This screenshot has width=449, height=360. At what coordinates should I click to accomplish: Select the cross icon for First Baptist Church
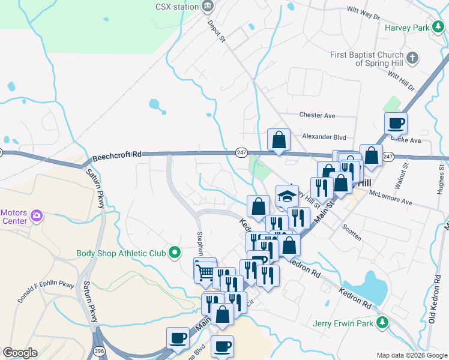[x=412, y=58]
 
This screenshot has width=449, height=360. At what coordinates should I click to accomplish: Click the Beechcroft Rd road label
[x=116, y=155]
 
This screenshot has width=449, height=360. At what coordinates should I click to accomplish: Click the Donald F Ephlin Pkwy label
[x=45, y=290]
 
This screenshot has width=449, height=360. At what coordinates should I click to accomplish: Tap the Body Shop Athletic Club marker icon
[x=175, y=253]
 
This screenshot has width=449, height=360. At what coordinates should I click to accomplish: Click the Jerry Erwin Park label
[x=343, y=323]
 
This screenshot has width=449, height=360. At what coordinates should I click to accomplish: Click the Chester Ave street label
[x=316, y=115]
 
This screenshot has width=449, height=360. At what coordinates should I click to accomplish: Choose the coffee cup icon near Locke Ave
[x=396, y=124]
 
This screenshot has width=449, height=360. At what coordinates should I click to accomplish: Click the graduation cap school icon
[x=287, y=195]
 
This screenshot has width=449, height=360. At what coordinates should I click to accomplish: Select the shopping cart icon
[x=205, y=272]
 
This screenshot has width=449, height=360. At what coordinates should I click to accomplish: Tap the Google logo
[x=20, y=353]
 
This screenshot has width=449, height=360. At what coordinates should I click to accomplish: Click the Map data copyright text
[x=411, y=355]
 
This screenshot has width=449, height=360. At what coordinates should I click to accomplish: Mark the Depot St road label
[x=216, y=31]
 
